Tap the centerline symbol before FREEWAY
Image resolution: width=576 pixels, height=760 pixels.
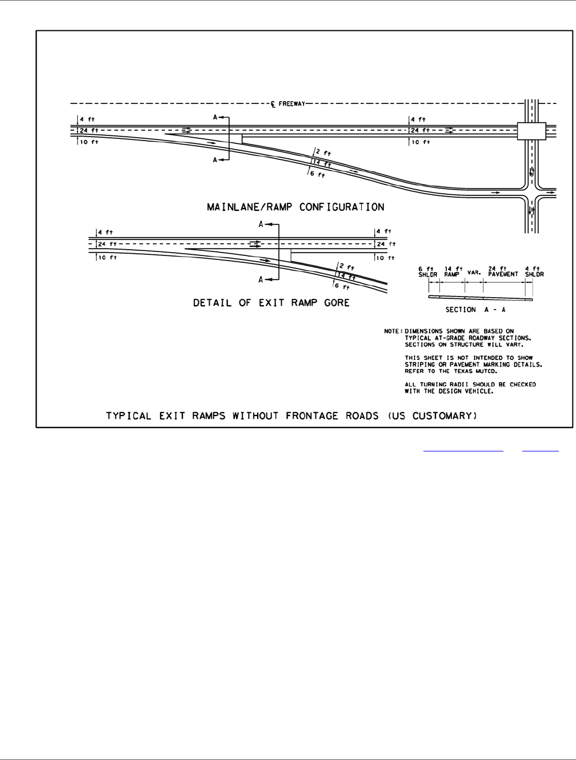tap(273, 104)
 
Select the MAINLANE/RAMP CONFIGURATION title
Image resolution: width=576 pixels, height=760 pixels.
tap(295, 207)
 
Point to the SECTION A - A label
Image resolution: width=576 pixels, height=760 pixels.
tap(480, 309)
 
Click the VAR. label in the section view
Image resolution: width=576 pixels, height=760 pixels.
tap(473, 273)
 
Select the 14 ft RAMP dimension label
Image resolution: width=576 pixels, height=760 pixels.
tap(453, 271)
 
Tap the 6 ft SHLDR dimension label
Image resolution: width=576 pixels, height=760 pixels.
tap(427, 271)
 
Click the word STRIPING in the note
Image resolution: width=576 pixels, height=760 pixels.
tap(421, 364)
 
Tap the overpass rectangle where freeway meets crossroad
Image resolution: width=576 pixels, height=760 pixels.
tap(531, 131)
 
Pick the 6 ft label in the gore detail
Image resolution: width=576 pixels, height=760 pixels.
tap(341, 286)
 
